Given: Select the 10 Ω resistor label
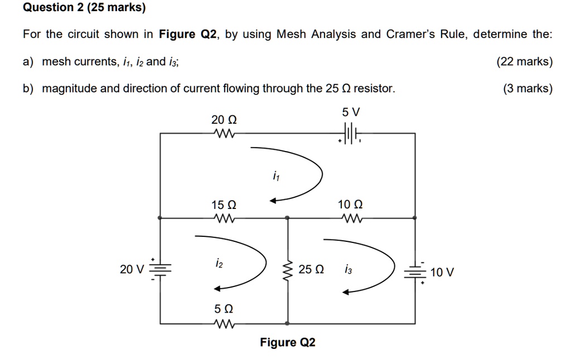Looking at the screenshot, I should click(x=350, y=205).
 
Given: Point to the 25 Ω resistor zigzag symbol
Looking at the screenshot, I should click(x=288, y=270).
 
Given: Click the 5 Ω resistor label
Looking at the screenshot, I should click(x=224, y=308).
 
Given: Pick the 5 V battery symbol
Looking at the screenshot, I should click(x=350, y=134).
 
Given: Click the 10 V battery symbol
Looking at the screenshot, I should click(x=415, y=271).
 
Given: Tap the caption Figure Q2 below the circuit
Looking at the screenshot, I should click(x=287, y=342).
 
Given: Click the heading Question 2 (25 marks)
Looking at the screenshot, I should click(x=84, y=8).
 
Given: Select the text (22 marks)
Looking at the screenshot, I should click(x=524, y=62).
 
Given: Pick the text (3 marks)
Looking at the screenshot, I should click(x=528, y=89).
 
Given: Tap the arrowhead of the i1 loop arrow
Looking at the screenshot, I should click(x=274, y=201).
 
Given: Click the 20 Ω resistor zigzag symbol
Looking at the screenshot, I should click(x=224, y=134).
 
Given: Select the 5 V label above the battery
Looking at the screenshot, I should click(x=351, y=113).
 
